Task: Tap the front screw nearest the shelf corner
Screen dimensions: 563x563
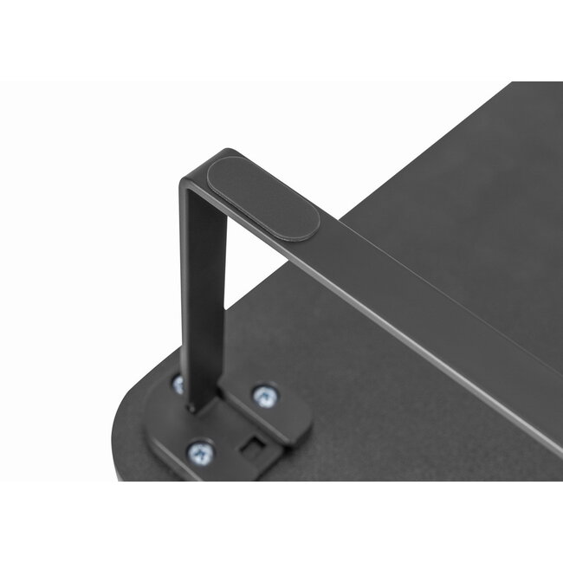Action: click(200, 450)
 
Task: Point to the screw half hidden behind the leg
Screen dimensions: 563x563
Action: click(178, 384)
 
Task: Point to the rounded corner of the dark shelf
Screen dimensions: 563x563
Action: click(121, 433)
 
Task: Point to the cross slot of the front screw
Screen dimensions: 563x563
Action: click(200, 450)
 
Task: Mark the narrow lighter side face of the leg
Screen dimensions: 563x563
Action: click(185, 286)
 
